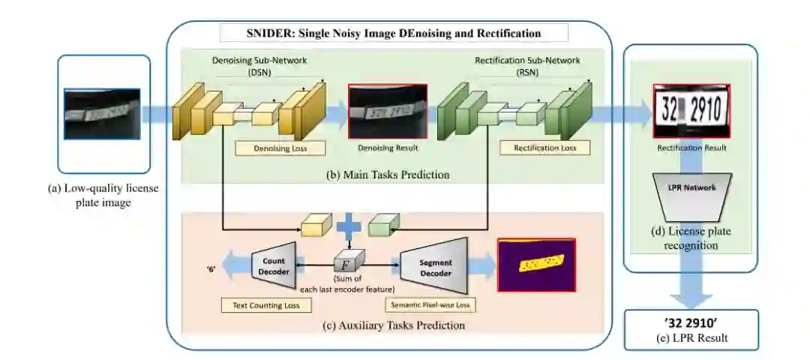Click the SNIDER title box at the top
(394, 33)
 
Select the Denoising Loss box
(280, 148)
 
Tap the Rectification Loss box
(546, 148)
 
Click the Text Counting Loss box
(260, 305)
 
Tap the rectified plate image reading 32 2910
(691, 111)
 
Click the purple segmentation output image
(536, 264)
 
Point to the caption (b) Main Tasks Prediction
(388, 175)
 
